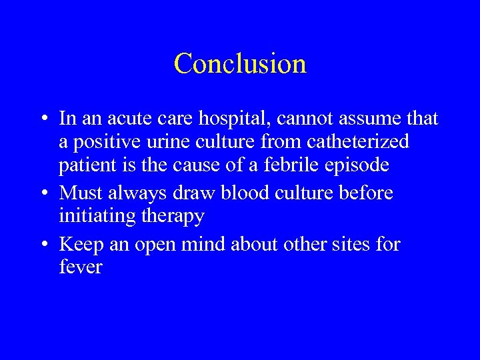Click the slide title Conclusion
240,64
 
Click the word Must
80,193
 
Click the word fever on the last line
81,268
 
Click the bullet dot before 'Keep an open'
43,245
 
